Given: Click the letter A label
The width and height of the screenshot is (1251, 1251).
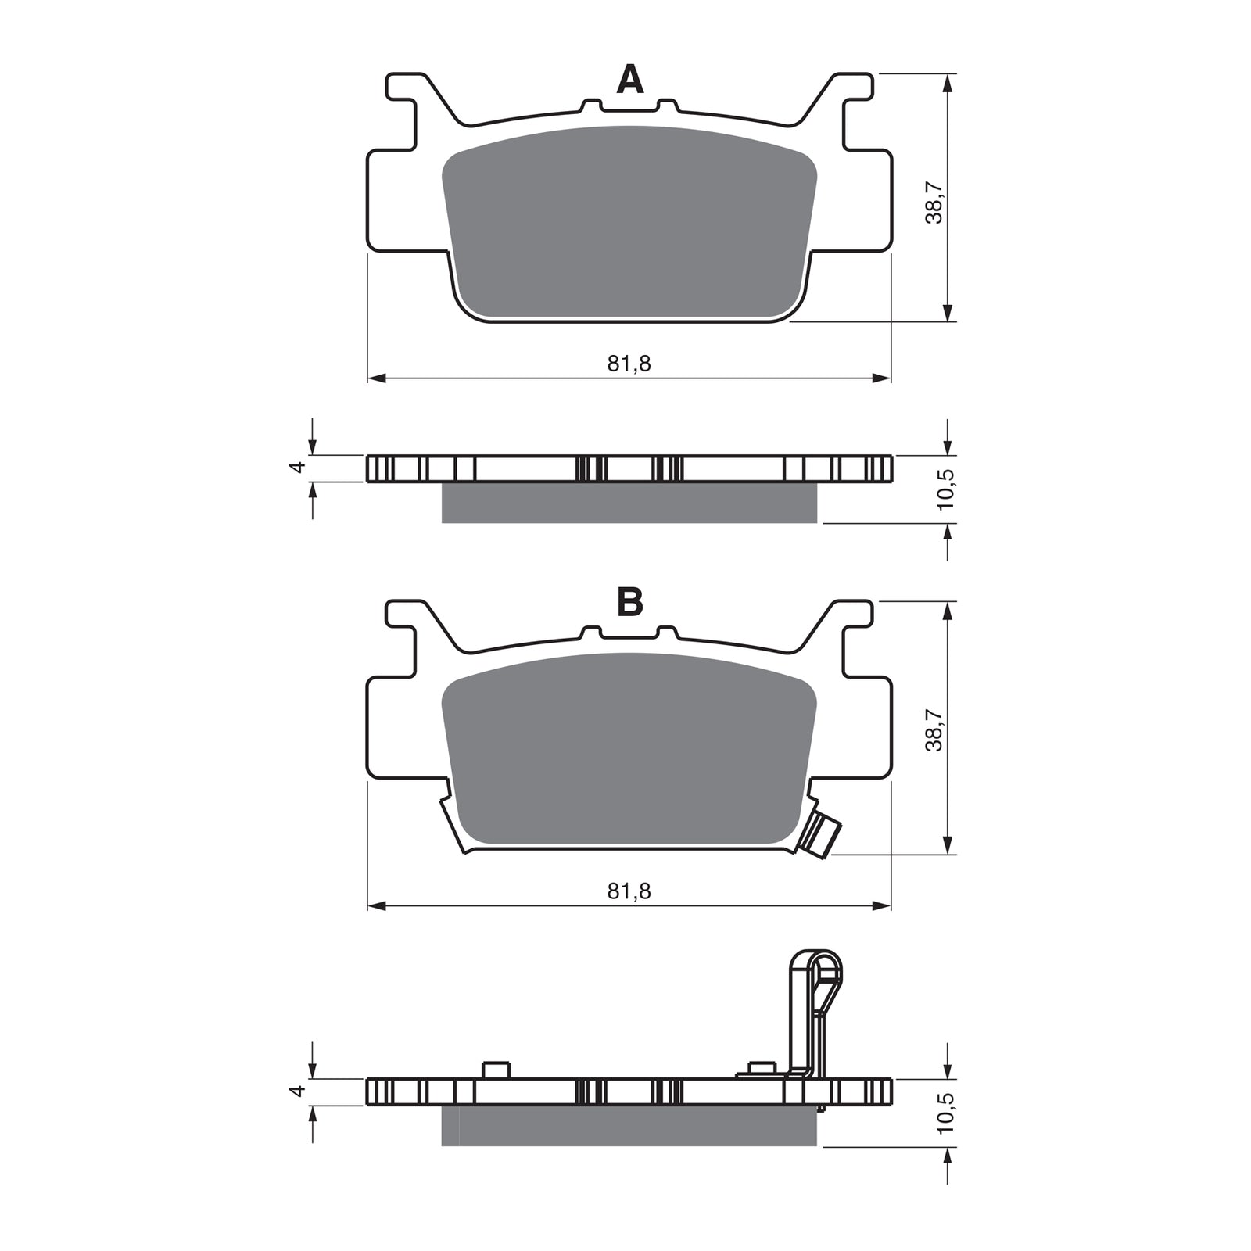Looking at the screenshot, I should click(629, 80).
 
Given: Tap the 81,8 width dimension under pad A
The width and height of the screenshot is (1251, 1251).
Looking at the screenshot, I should click(629, 363).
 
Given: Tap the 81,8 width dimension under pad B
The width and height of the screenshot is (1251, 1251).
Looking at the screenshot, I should click(629, 891).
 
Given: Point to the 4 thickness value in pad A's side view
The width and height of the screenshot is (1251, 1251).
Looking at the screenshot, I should click(296, 468).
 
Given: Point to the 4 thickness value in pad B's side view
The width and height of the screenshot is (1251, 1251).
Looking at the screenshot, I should click(296, 1091).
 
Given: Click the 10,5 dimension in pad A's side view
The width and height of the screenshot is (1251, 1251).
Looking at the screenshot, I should click(947, 489).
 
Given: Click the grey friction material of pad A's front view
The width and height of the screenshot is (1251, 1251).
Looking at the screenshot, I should click(629, 223).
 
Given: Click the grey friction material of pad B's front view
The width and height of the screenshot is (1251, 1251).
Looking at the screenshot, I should click(629, 751).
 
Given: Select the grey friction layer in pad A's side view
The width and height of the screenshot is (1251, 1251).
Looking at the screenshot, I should click(629, 503).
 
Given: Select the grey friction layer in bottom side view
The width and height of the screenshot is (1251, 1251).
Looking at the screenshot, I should click(629, 1127).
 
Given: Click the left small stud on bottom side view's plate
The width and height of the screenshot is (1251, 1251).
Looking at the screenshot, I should click(496, 1069).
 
